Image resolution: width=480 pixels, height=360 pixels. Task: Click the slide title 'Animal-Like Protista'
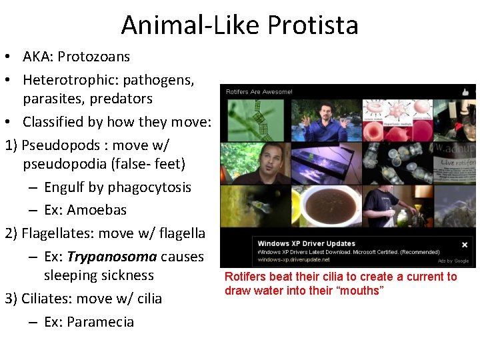click(x=240, y=25)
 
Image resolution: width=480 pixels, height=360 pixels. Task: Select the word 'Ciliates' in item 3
click(x=47, y=298)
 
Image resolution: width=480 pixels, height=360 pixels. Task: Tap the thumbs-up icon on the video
click(x=466, y=91)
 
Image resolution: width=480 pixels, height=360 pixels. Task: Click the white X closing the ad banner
click(x=465, y=245)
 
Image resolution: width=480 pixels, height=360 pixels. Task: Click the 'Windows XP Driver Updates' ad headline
click(x=306, y=243)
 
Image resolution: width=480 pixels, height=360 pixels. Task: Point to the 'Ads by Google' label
click(x=453, y=261)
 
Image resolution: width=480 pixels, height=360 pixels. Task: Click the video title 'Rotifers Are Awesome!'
click(x=259, y=91)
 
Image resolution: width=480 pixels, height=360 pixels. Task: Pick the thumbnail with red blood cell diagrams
click(x=393, y=120)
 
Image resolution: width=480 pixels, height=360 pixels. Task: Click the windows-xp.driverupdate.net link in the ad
click(x=294, y=260)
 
